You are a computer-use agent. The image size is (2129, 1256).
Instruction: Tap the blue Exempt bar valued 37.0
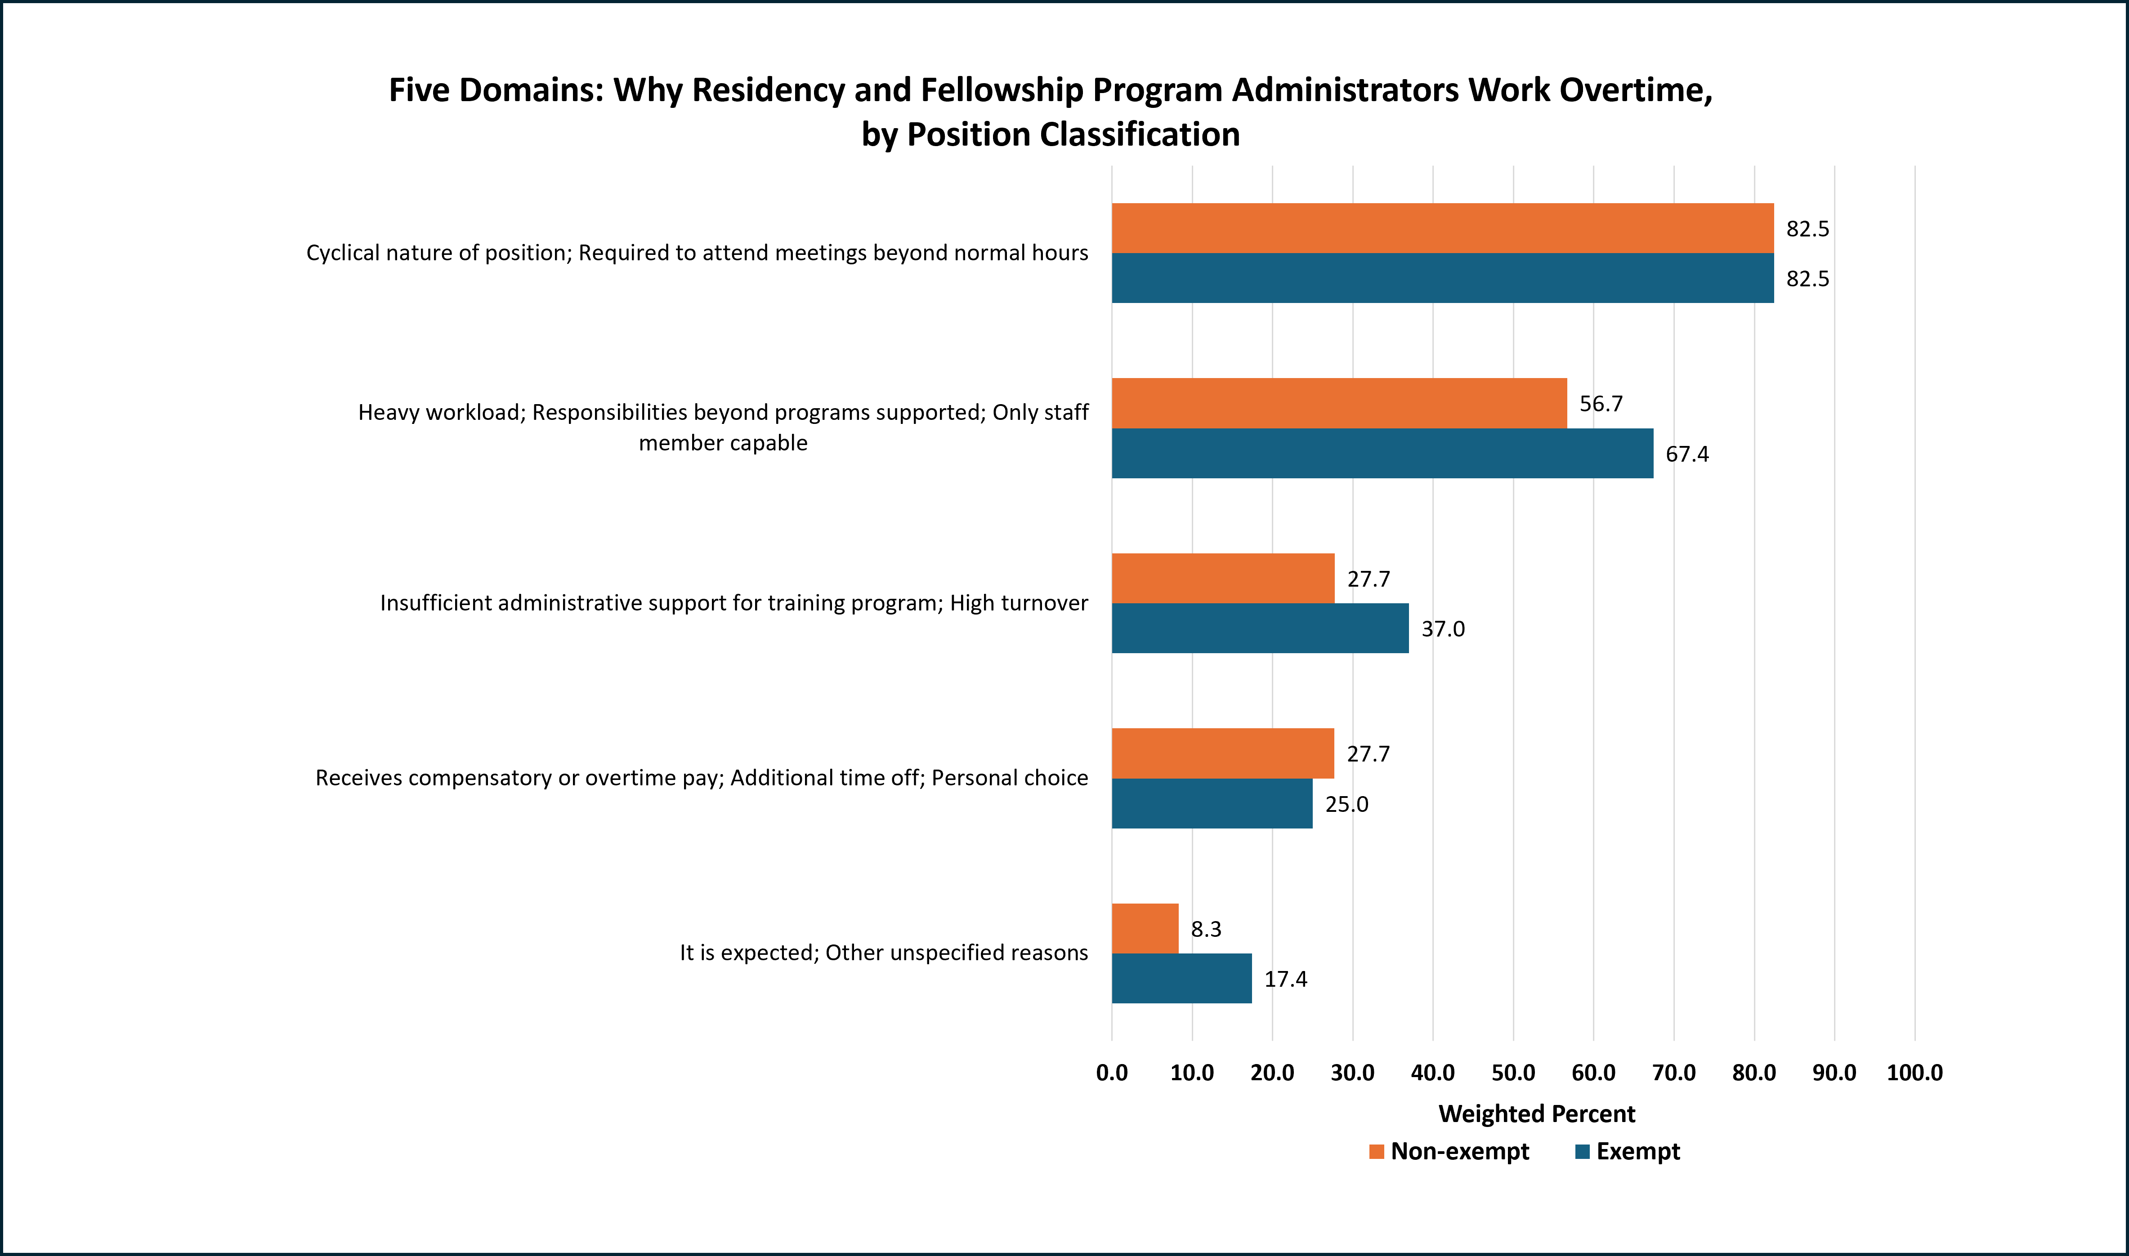pyautogui.click(x=1260, y=628)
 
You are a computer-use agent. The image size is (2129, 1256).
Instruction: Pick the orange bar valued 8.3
pyautogui.click(x=1145, y=928)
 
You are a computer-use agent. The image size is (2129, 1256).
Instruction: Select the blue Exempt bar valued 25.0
pyautogui.click(x=1212, y=803)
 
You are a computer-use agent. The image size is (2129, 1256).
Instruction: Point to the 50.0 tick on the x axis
pyautogui.click(x=1513, y=1072)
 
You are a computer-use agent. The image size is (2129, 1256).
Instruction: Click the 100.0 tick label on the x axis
pyautogui.click(x=1914, y=1072)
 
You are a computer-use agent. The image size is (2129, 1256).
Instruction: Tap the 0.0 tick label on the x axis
pyautogui.click(x=1111, y=1072)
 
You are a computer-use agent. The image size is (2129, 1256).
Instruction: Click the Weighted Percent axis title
pyautogui.click(x=1536, y=1113)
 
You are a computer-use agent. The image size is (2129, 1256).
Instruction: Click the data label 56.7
pyautogui.click(x=1601, y=404)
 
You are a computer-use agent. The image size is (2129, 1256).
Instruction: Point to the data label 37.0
pyautogui.click(x=1442, y=629)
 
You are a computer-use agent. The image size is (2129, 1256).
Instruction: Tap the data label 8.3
pyautogui.click(x=1205, y=929)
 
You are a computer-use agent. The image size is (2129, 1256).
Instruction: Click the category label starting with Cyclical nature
pyautogui.click(x=697, y=253)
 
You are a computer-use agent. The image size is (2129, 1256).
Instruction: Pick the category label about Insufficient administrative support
pyautogui.click(x=733, y=603)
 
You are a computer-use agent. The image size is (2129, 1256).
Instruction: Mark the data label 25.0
pyautogui.click(x=1346, y=804)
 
